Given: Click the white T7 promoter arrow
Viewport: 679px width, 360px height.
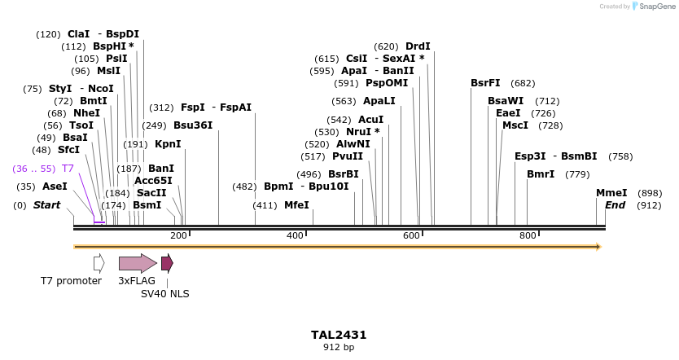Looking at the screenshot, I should [99, 263].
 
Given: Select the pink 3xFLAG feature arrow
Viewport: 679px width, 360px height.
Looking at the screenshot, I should [137, 263].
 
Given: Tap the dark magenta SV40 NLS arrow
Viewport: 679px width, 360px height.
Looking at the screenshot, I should [167, 263].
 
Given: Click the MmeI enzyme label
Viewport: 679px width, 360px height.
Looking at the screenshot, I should [611, 193].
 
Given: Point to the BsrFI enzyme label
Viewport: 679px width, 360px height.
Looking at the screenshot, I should [485, 83].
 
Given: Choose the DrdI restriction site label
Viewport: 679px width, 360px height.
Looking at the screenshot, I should [418, 46].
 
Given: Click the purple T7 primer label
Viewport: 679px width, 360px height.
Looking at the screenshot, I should [68, 169].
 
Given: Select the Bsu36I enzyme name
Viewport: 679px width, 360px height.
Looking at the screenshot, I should [193, 125].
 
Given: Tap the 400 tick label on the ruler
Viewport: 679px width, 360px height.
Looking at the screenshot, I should [295, 235].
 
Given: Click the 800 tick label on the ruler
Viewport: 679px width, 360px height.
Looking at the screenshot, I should [528, 235].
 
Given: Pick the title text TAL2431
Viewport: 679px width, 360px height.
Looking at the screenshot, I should [339, 335].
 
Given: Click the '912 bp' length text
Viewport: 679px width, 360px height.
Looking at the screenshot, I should [339, 348].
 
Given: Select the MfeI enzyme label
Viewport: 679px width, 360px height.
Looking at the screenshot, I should [296, 205].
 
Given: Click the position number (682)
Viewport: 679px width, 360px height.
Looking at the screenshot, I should [523, 83].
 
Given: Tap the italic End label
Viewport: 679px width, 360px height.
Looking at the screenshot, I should [615, 205].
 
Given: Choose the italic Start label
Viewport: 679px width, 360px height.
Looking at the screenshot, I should [46, 205].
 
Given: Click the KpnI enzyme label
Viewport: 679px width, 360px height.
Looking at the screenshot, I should [168, 144].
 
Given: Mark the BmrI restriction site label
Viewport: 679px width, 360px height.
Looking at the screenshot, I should [541, 174].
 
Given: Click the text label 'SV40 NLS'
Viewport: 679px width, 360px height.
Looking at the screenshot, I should [165, 294].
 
